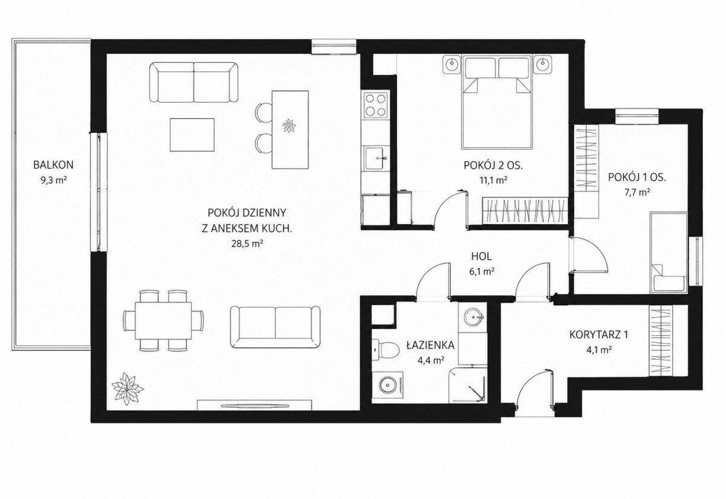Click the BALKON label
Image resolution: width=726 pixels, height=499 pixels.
[53, 165]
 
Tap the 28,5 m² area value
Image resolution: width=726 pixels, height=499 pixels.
[247, 244]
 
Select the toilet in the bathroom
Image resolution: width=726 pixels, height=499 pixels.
[385, 350]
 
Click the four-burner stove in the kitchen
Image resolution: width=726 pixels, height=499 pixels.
[376, 105]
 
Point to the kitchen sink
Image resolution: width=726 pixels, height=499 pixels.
[376, 158]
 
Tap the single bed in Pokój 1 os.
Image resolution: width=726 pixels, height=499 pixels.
[669, 253]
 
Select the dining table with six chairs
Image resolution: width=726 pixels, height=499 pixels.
[163, 320]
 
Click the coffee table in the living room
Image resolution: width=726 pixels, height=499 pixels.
[192, 135]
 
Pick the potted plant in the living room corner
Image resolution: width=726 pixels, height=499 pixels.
[126, 388]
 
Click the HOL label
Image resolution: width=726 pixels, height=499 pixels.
[482, 257]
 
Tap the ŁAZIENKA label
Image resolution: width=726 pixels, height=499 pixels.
[431, 346]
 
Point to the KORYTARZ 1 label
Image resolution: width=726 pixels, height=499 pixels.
[598, 335]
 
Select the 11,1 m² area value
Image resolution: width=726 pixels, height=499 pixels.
[493, 180]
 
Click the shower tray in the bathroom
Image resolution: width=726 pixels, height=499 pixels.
[468, 385]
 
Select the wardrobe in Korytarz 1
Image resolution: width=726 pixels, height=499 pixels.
[660, 341]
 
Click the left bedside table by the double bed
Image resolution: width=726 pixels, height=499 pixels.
[451, 65]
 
